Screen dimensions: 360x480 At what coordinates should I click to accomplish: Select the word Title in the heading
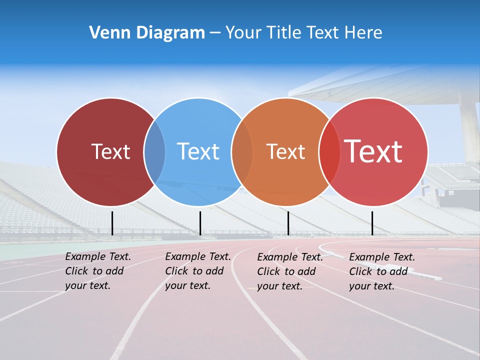coord(284,33)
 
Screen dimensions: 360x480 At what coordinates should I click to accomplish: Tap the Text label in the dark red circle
coord(110,151)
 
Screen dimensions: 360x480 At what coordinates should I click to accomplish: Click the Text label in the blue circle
coord(198,151)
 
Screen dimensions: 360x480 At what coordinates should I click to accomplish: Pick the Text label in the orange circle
coord(285,151)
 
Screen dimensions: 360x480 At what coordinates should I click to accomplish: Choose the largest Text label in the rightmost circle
coord(373,151)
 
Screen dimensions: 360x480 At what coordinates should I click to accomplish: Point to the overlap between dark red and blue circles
coord(154,151)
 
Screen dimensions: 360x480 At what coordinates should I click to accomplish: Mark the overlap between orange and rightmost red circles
coord(328,151)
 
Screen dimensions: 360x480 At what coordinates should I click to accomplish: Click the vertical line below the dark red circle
coord(112,223)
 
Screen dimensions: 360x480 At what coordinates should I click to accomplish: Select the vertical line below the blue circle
coord(200,223)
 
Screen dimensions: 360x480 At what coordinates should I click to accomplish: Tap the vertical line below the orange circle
coord(288,223)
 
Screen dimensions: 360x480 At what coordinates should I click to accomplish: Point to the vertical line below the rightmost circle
coord(372,223)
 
